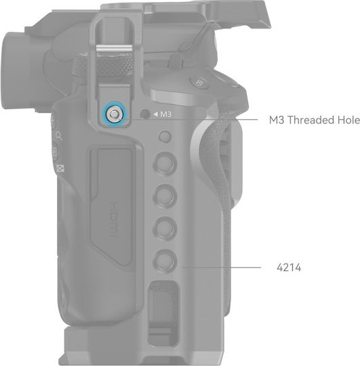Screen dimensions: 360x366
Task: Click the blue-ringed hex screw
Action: [114, 114]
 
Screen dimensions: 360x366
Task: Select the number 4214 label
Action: [289, 268]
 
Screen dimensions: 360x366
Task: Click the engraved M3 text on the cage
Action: [166, 114]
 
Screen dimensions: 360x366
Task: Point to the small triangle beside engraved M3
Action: [155, 114]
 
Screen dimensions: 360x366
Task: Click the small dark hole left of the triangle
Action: [145, 114]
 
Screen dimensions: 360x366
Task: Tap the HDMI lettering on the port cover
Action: [115, 219]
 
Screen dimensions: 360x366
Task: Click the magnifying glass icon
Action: [59, 136]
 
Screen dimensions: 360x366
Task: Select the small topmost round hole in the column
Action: [165, 136]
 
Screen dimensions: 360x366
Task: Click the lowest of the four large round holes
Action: [165, 260]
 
